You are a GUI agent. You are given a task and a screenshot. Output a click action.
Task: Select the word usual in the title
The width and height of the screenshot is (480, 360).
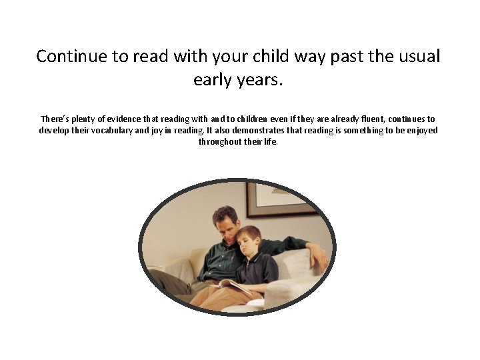click(x=419, y=56)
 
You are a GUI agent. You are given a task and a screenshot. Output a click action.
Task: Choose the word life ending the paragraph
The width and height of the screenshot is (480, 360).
click(x=271, y=141)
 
